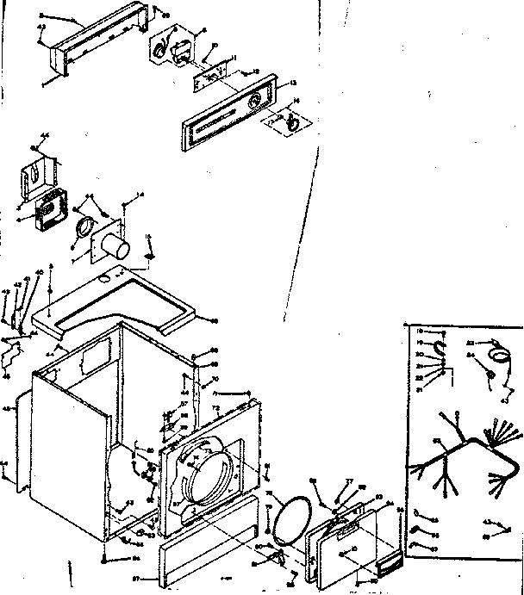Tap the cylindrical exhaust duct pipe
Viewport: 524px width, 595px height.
[115, 248]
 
